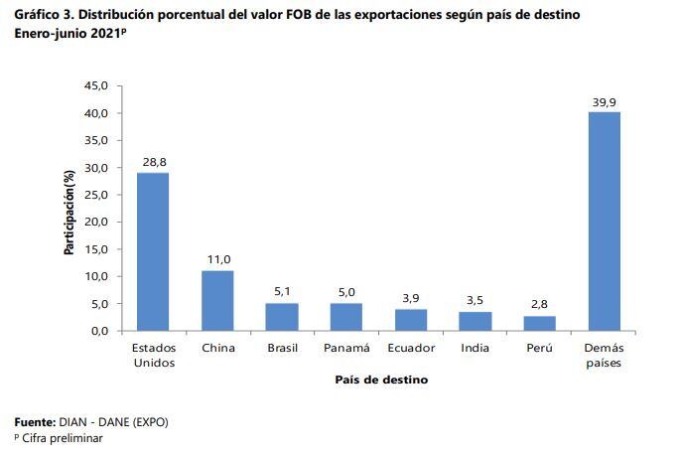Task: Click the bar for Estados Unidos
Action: (153, 251)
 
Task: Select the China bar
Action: (217, 300)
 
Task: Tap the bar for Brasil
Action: (282, 316)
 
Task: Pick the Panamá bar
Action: (346, 316)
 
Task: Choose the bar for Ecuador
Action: (411, 319)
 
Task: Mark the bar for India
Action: (476, 320)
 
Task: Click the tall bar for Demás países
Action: (605, 221)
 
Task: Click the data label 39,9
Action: (605, 101)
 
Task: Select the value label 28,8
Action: (153, 161)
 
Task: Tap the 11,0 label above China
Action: (217, 258)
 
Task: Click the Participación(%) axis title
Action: (70, 211)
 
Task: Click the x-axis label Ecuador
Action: (411, 349)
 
